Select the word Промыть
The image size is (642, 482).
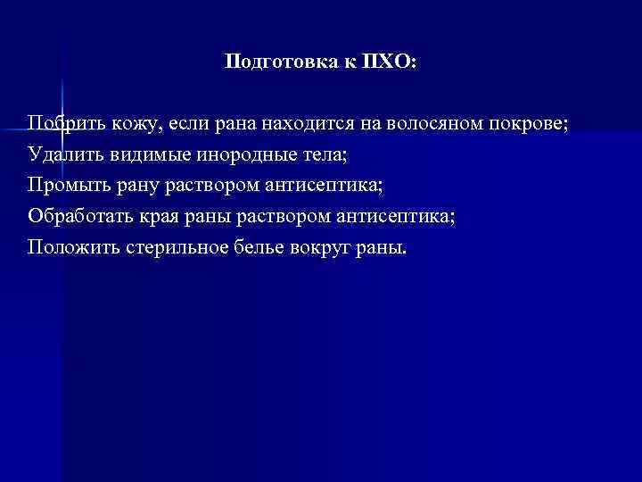click(x=67, y=185)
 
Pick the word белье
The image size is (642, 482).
click(x=259, y=247)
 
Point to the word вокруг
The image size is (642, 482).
click(x=319, y=247)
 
